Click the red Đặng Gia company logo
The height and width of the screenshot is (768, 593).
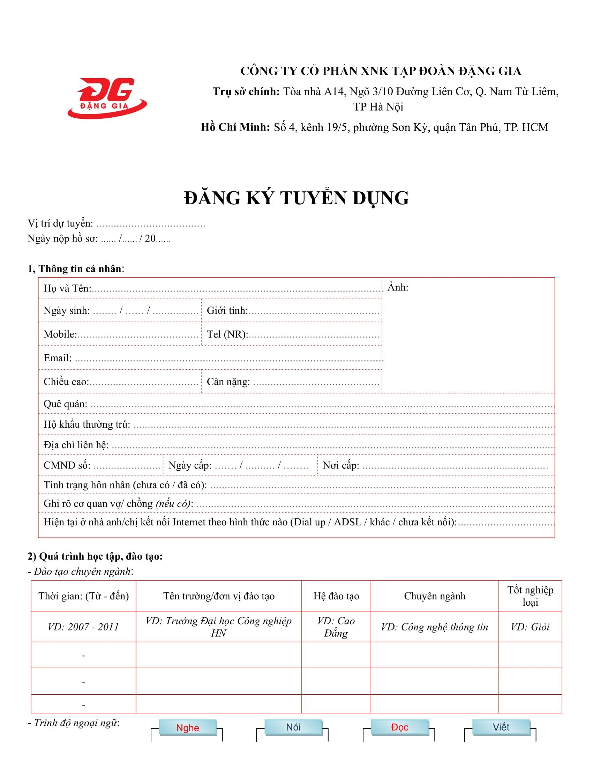click(107, 98)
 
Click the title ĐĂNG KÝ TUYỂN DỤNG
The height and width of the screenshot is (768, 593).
click(296, 198)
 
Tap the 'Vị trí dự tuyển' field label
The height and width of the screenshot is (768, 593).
click(60, 223)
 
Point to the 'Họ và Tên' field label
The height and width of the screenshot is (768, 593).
click(67, 288)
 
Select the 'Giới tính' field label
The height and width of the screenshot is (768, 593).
click(227, 310)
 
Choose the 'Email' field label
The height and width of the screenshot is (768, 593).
click(58, 358)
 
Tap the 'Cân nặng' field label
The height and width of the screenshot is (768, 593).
click(228, 382)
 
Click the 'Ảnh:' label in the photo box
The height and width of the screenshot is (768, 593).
click(398, 287)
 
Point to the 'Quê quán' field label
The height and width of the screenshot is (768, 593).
click(65, 404)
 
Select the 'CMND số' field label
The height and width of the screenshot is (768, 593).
click(67, 465)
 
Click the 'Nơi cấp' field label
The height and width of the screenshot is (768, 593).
click(341, 465)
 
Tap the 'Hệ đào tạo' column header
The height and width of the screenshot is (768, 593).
click(336, 596)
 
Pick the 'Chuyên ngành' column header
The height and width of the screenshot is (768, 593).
click(435, 596)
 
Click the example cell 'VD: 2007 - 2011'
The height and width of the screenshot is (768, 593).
click(83, 627)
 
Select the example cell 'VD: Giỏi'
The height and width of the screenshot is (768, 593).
click(530, 627)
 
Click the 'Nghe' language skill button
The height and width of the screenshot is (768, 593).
click(188, 728)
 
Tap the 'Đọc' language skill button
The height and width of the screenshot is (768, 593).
click(399, 727)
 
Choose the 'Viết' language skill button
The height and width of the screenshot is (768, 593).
click(501, 727)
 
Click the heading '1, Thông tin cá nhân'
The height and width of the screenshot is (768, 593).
click(76, 269)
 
